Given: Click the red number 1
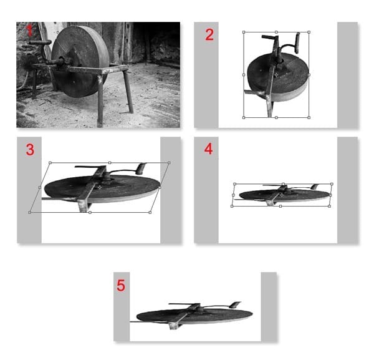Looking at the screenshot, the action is tap(29, 31).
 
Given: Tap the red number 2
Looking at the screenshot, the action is tap(209, 35).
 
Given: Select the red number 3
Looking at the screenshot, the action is tap(30, 150).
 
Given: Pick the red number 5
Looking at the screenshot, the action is tap(121, 285).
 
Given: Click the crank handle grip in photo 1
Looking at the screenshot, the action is tap(40, 42).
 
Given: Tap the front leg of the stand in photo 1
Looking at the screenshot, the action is tap(100, 100).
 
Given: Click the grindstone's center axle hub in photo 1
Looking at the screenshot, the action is tap(62, 61).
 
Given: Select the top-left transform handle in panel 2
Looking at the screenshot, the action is tap(244, 32).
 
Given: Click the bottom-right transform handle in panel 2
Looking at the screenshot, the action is tap(309, 117).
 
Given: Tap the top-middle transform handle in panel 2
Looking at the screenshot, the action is tap(276, 32).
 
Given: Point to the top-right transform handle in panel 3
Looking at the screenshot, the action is tap(169, 163).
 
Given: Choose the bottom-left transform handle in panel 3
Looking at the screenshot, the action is tap(29, 212).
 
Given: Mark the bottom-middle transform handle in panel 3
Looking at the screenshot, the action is tap(90, 212).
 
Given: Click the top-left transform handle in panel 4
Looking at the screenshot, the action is tap(235, 184).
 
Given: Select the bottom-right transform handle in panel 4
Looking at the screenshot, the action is tap(329, 206).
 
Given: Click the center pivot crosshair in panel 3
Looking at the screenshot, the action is tap(99, 187).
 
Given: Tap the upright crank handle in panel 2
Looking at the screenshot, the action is tap(297, 43).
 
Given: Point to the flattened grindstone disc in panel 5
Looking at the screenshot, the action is tap(194, 316).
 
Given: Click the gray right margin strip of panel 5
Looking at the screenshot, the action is tap(269, 306).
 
